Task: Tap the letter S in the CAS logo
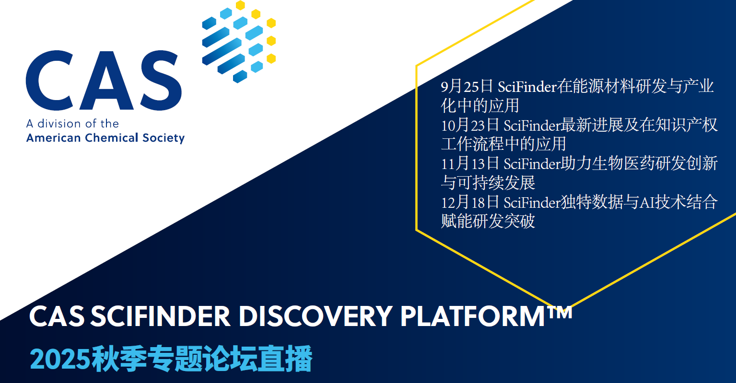(161, 80)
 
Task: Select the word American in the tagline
(54, 138)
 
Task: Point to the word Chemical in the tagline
(112, 138)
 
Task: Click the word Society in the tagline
(164, 138)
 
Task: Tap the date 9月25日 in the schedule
(467, 86)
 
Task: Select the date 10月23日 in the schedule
(470, 125)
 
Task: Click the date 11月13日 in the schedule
(470, 163)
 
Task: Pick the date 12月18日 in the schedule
(470, 202)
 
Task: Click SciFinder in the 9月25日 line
(527, 87)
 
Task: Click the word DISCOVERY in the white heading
(316, 316)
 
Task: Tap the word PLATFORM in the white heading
(473, 316)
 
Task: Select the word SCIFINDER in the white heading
(160, 316)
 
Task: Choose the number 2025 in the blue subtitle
(60, 359)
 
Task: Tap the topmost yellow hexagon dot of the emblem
(241, 5)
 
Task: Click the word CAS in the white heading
(57, 316)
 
